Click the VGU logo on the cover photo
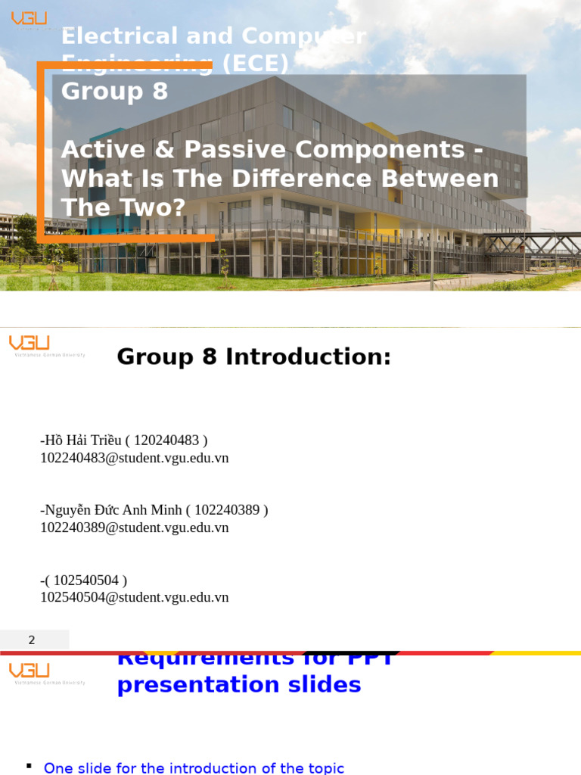[29, 19]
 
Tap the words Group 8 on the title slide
[114, 92]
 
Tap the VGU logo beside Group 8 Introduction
[30, 345]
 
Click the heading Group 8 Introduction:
[253, 356]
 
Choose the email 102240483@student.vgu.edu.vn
[134, 458]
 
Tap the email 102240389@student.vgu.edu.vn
[134, 528]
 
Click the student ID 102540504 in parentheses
[86, 580]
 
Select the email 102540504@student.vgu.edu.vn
[134, 597]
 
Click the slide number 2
[32, 640]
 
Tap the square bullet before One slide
[29, 766]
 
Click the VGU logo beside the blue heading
[30, 671]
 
